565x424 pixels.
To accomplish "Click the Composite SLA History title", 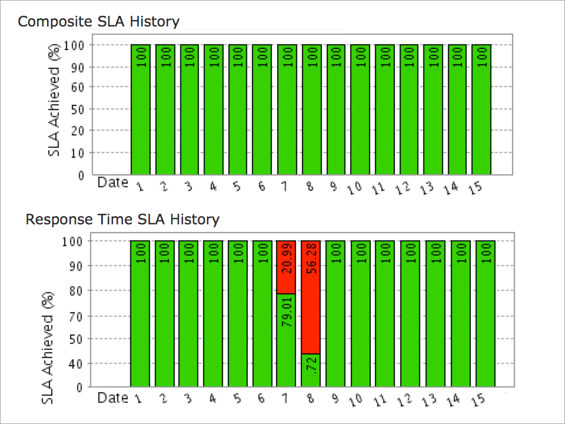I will tap(98, 22).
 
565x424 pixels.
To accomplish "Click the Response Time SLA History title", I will tap(122, 220).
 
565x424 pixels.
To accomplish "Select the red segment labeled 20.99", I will tap(287, 267).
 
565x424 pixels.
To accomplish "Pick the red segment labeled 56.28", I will tap(311, 297).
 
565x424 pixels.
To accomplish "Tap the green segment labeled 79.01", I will tap(287, 340).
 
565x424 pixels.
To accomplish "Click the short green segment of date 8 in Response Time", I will tap(311, 370).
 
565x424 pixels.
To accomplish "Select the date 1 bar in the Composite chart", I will tap(141, 110).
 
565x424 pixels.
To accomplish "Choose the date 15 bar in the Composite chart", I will tap(481, 110).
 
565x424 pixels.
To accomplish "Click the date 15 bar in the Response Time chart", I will tap(485, 314).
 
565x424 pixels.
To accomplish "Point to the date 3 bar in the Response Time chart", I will tap(189, 314).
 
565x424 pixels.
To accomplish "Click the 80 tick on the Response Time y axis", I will tap(77, 291).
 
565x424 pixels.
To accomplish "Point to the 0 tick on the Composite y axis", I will tap(81, 175).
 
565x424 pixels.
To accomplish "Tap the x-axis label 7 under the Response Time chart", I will tap(285, 399).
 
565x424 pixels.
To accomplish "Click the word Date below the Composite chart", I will tap(112, 183).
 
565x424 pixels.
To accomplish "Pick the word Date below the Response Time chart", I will tap(112, 397).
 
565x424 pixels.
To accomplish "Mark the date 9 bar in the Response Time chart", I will tap(335, 314).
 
